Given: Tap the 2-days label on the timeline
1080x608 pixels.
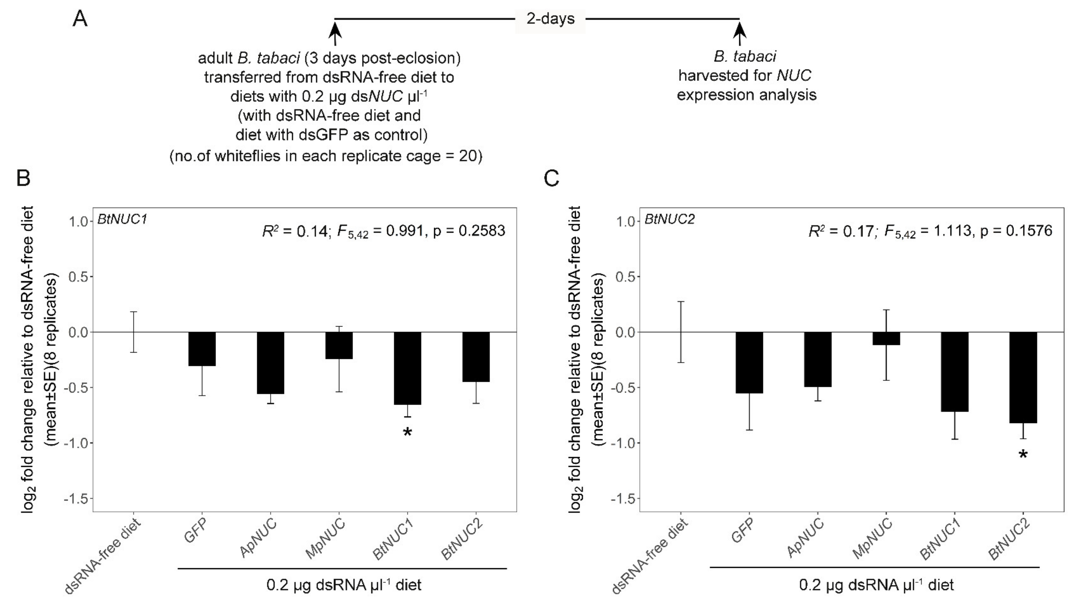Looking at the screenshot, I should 550,19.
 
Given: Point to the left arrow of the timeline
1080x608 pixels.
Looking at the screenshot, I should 335,33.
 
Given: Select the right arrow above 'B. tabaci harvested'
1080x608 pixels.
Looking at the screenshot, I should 740,33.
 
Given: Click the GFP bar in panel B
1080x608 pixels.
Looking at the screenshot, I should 202,349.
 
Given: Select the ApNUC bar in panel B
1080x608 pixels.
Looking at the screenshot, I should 270,363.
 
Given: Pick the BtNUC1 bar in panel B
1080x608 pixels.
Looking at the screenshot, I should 407,368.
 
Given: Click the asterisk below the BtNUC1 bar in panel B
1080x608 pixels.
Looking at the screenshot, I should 407,432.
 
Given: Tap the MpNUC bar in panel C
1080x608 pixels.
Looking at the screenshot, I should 886,338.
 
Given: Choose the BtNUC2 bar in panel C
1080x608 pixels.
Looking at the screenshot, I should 1023,377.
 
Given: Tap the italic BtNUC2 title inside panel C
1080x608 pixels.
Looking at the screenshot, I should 670,219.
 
